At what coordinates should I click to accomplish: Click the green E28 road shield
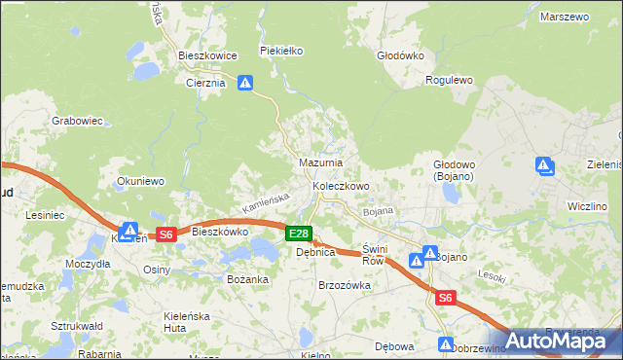(299, 234)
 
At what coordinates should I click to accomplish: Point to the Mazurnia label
(320, 162)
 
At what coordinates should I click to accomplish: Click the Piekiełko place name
(283, 50)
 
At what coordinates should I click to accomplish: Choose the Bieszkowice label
(208, 56)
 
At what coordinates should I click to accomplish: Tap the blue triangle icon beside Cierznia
(245, 85)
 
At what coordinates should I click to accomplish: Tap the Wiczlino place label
(587, 206)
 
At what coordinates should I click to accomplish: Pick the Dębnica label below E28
(316, 252)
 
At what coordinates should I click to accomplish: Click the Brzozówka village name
(345, 285)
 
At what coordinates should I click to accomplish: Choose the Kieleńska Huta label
(189, 322)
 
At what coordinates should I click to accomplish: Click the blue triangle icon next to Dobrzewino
(446, 345)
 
